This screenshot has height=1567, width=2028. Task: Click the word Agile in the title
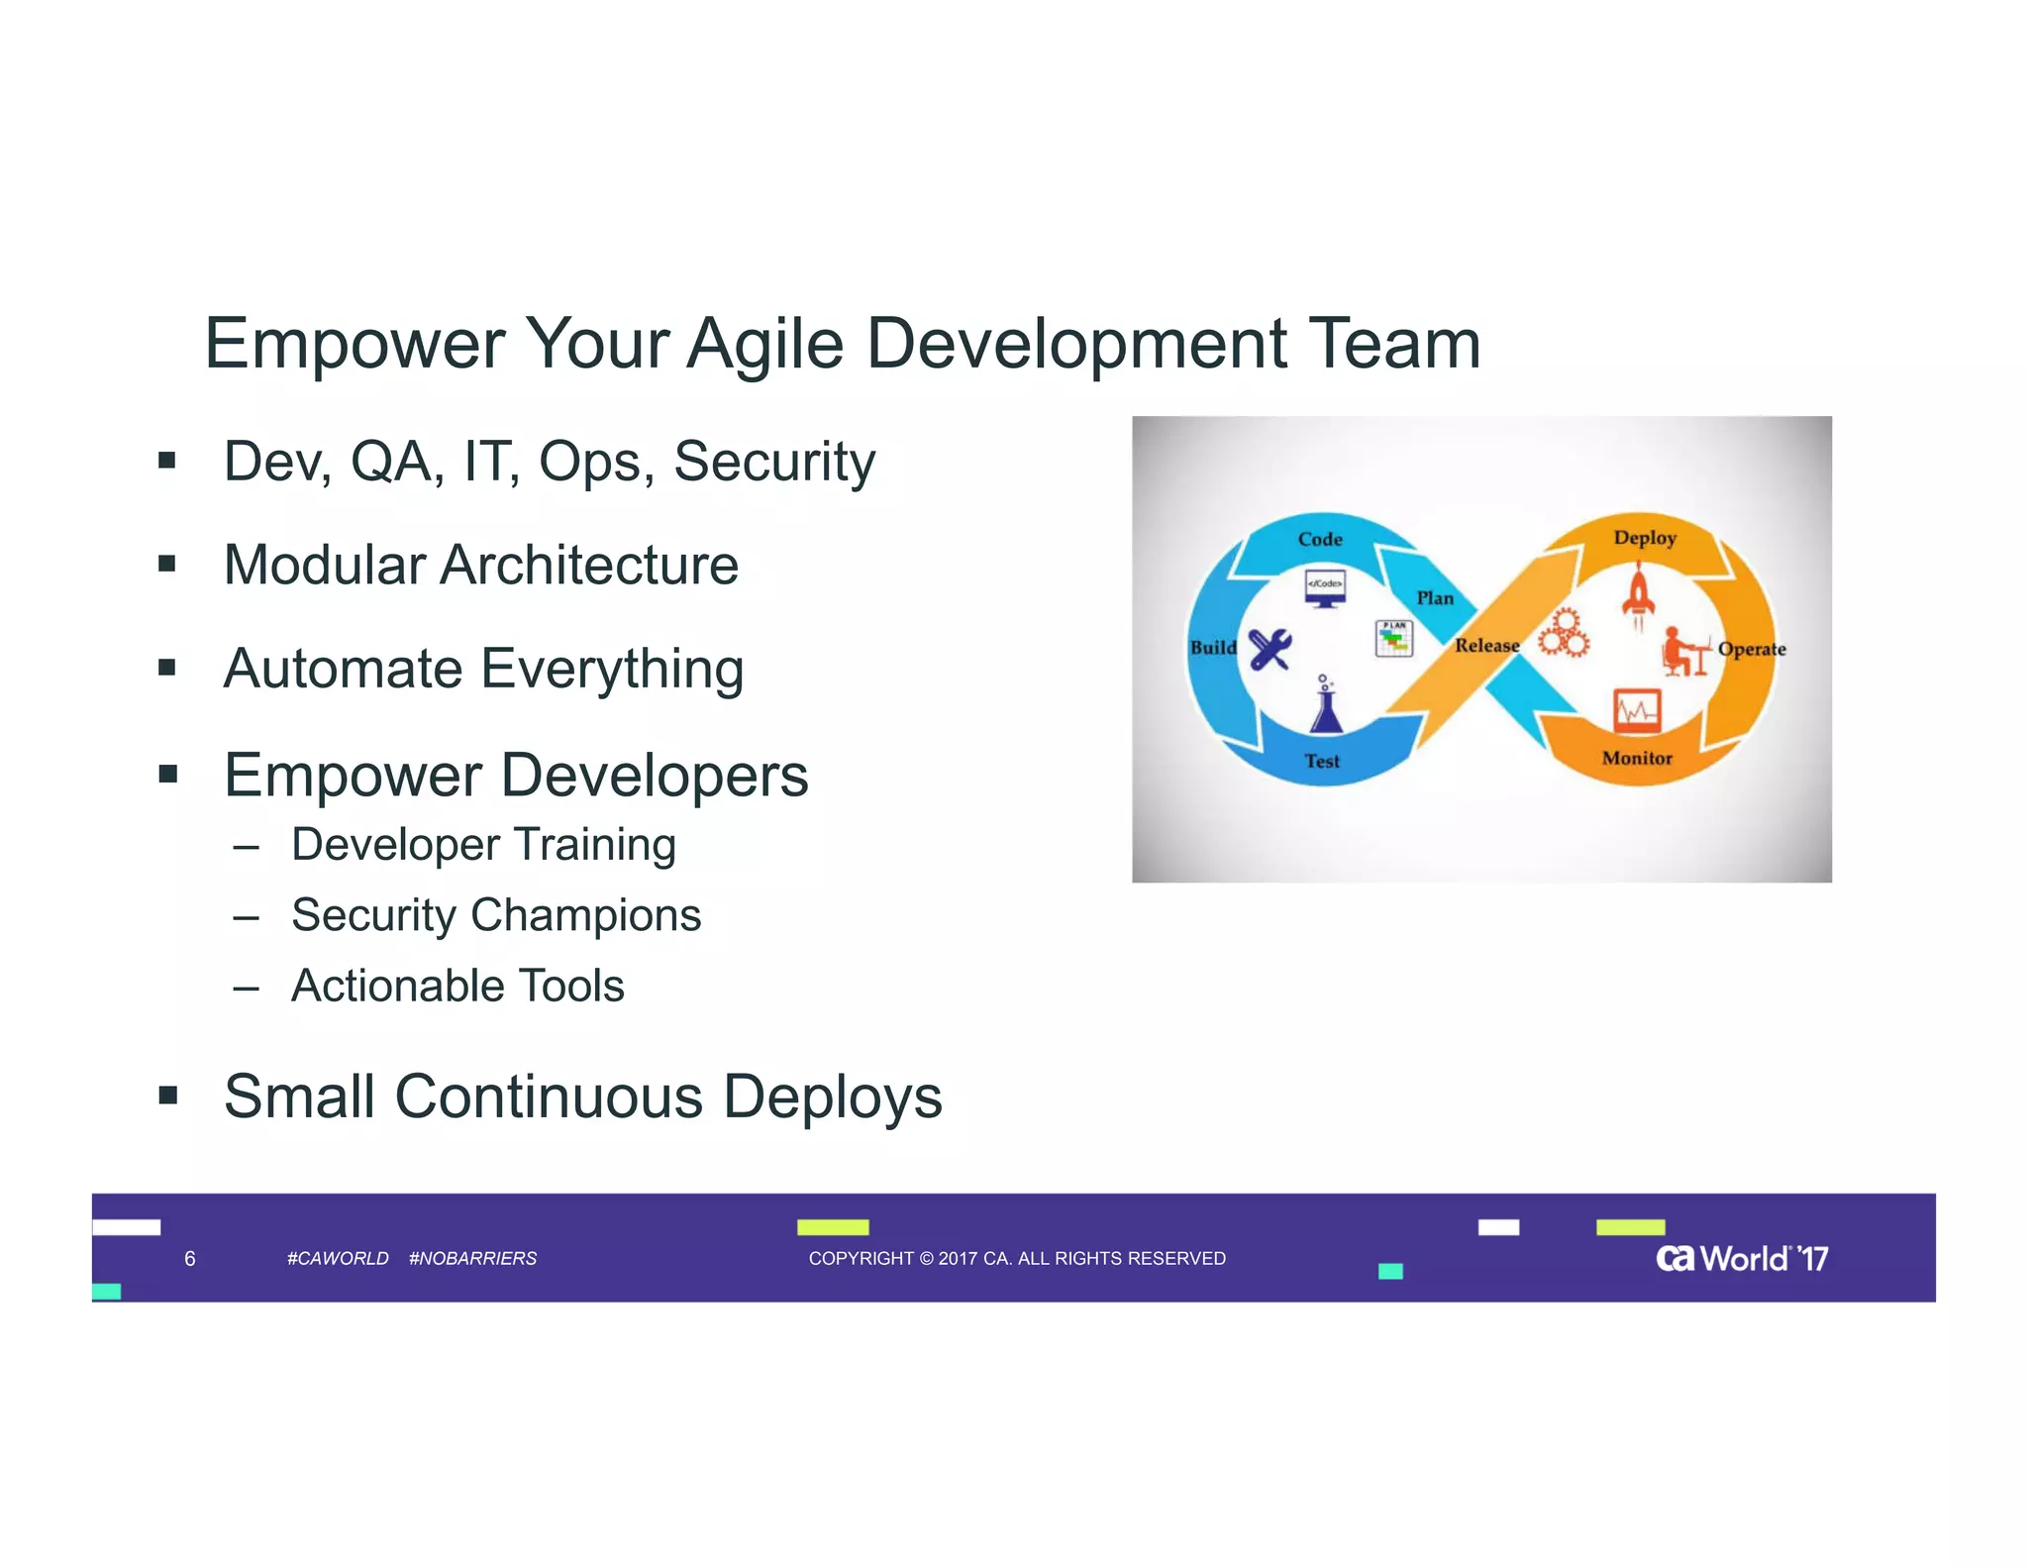(764, 345)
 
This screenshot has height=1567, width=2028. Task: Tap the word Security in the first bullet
(774, 462)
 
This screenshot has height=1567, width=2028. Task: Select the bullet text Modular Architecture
(481, 566)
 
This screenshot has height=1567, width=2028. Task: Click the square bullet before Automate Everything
(167, 668)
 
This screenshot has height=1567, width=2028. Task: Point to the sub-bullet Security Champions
(495, 915)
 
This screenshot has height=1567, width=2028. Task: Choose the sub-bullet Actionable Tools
(457, 987)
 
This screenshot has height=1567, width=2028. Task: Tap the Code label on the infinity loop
(1320, 540)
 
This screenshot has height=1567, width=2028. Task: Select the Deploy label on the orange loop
(1645, 538)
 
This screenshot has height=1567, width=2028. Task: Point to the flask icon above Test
(1326, 705)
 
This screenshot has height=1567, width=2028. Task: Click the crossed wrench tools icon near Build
(1269, 650)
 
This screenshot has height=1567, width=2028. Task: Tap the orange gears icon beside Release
(1564, 634)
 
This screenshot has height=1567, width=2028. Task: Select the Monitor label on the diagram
(1637, 759)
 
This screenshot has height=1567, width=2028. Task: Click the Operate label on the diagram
(1751, 650)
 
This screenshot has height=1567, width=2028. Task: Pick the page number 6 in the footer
(190, 1259)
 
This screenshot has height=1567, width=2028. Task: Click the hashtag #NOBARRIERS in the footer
(472, 1259)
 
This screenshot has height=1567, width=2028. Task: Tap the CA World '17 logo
(1741, 1259)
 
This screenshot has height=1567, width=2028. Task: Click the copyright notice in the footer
(1017, 1259)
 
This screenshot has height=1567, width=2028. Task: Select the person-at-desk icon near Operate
(1683, 651)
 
